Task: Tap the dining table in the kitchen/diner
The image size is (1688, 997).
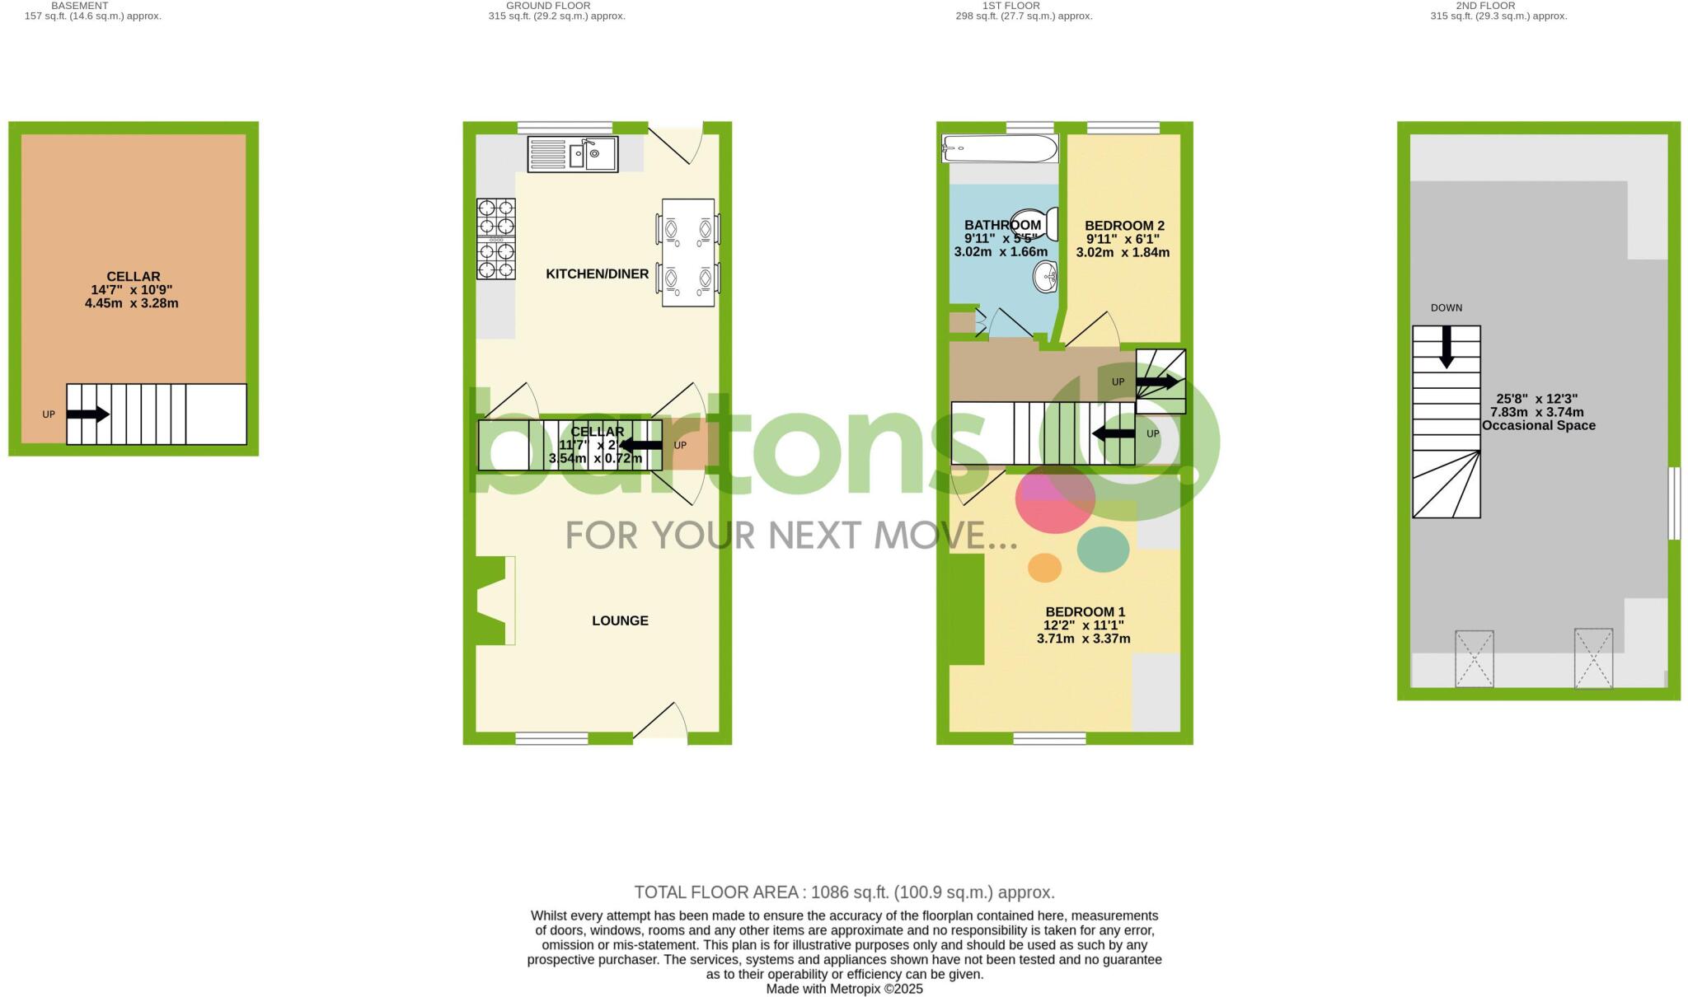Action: click(x=688, y=252)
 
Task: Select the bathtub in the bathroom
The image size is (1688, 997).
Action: click(x=1000, y=149)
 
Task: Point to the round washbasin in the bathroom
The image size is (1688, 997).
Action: click(x=1046, y=276)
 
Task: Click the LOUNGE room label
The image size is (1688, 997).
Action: click(x=620, y=621)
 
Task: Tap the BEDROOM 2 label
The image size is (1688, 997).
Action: click(x=1124, y=226)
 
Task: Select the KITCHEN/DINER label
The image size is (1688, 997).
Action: click(x=597, y=274)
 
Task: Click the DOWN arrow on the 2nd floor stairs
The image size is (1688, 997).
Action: click(x=1447, y=347)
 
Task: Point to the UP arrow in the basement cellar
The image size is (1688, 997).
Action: click(x=87, y=414)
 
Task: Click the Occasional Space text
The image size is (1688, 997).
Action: click(x=1539, y=426)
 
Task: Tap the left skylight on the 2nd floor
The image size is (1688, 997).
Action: click(x=1474, y=658)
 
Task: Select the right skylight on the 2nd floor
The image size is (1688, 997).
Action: click(x=1593, y=658)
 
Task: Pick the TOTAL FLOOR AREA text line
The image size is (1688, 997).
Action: click(x=844, y=892)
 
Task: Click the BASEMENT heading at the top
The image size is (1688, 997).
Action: click(x=80, y=6)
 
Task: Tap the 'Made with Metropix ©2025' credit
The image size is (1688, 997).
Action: click(x=844, y=989)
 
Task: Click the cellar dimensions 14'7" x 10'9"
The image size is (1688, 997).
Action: click(x=132, y=290)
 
